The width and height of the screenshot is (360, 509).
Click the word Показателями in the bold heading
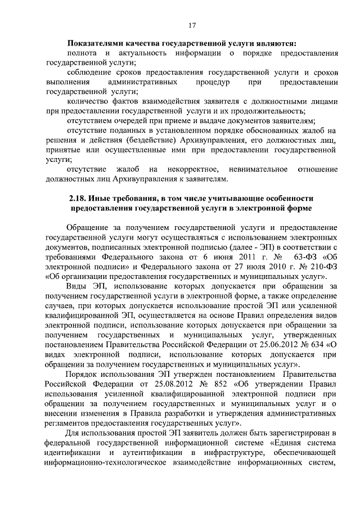click(x=97, y=43)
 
